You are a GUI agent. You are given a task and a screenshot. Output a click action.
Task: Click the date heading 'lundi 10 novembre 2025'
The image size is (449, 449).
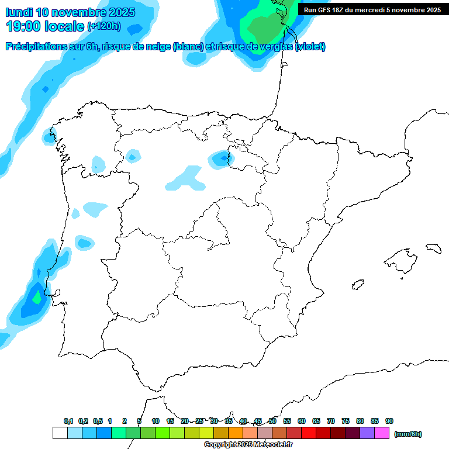[x=70, y=12]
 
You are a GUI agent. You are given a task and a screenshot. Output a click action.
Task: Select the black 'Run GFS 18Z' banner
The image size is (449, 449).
[x=372, y=10]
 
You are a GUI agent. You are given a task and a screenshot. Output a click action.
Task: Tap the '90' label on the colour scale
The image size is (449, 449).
[x=389, y=421]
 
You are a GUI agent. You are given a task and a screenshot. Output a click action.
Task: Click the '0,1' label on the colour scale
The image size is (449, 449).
[x=68, y=421]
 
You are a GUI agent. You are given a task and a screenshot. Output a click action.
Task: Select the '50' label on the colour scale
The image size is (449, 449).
[x=272, y=421]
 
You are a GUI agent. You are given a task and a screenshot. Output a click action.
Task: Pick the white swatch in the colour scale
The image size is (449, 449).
[x=60, y=433]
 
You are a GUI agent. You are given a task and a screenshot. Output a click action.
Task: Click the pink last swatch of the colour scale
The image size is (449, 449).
[x=382, y=433]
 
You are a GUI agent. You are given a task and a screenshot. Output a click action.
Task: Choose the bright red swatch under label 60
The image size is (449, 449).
[x=308, y=433]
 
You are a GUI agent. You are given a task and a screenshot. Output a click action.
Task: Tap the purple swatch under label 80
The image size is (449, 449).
[x=367, y=433]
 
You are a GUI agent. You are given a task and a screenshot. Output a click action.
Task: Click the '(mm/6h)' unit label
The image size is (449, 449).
[x=407, y=434]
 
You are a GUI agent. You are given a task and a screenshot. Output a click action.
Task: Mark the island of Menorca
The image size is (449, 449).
[x=433, y=248]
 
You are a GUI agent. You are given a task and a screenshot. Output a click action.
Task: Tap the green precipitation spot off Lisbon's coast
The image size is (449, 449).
[x=37, y=297]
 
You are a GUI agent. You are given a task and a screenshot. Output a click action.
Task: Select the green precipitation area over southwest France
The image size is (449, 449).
[x=266, y=26]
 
